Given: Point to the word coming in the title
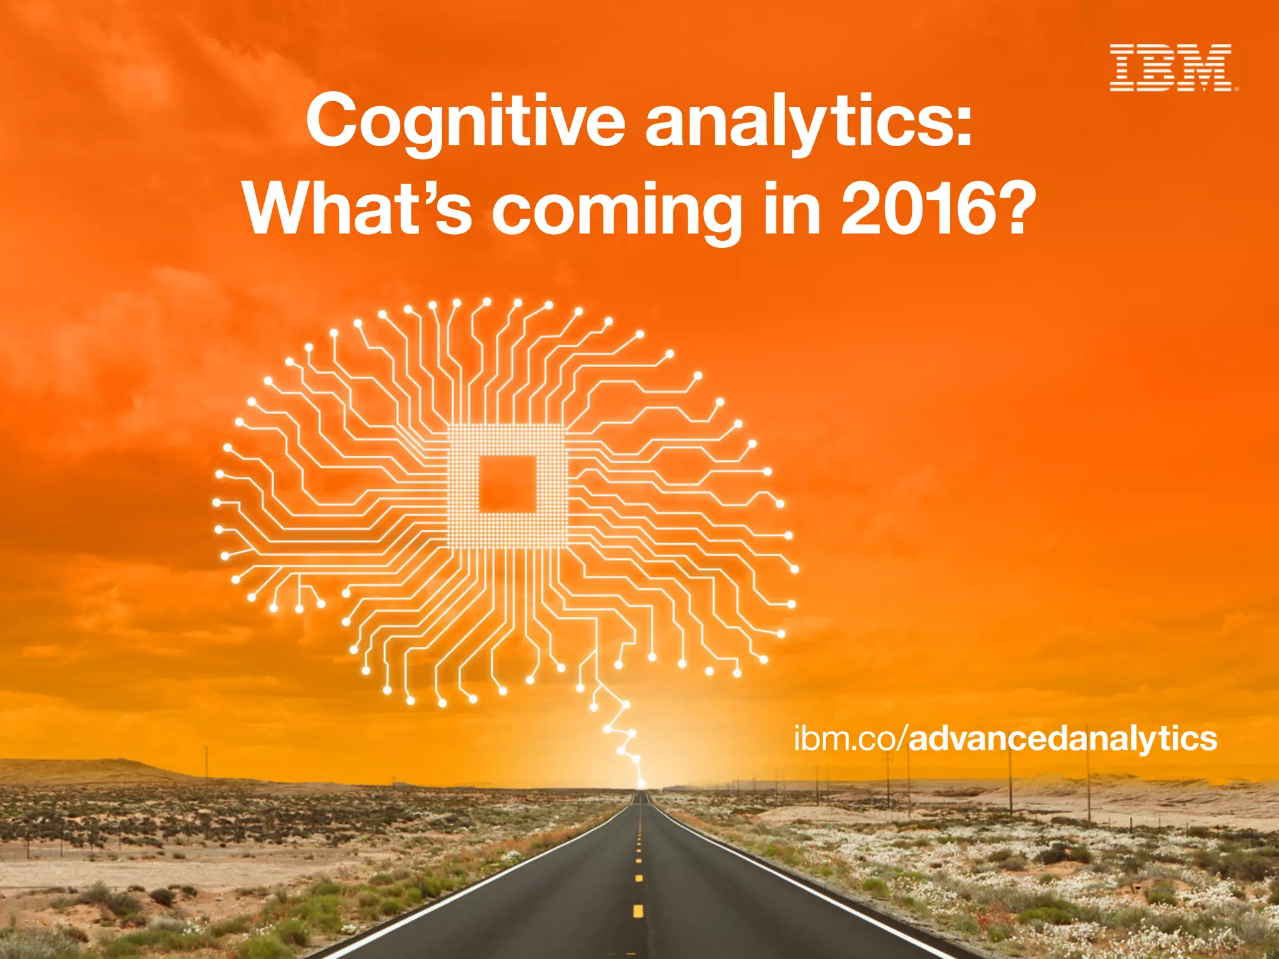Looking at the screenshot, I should click(615, 212).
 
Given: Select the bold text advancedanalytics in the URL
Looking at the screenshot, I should click(1062, 739).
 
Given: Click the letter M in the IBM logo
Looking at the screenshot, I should click(1208, 68).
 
